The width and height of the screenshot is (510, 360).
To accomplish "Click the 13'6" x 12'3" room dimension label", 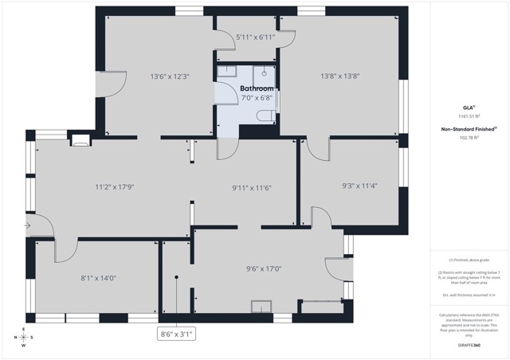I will coord(170,77).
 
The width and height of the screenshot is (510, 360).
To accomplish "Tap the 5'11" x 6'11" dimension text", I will coord(255,37).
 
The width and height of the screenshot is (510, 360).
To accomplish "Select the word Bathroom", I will coord(257,88).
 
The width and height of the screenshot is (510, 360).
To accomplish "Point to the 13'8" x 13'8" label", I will coord(340,76).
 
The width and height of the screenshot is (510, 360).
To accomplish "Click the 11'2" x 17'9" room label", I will coord(114,187).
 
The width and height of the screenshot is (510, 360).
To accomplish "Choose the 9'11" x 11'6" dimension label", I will coord(252,188).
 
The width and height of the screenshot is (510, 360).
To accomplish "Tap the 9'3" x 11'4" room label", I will coord(359,186).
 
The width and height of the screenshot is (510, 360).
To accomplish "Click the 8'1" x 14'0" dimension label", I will coord(99,278).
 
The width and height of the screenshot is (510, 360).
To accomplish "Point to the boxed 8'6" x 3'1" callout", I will coord(176,335).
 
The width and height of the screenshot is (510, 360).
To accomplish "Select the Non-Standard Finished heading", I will coord(469,128).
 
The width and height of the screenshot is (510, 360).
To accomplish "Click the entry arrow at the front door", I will coord(28,226).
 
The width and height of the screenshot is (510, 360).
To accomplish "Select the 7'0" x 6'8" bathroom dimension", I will coord(257,98).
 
